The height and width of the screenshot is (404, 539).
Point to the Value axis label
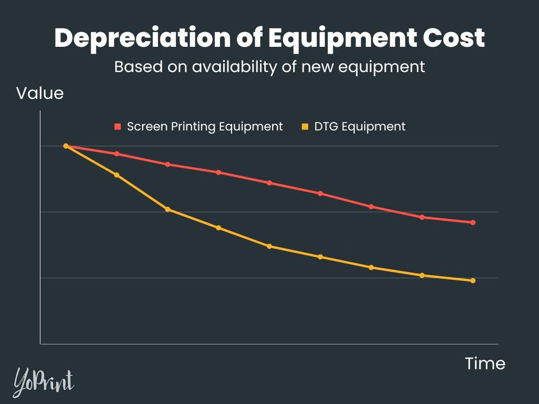(x=40, y=94)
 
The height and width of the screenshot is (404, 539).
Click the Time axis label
(x=485, y=363)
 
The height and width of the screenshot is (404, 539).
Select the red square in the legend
(x=117, y=127)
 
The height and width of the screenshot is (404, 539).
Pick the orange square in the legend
(x=305, y=127)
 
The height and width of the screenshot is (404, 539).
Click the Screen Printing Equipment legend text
(x=205, y=127)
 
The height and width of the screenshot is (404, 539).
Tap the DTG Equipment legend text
(x=360, y=127)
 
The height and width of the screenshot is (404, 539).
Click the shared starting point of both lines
(x=66, y=146)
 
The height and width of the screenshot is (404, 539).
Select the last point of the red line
(x=473, y=223)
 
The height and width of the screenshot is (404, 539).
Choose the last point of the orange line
(x=473, y=280)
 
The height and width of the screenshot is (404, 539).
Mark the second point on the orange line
(x=117, y=175)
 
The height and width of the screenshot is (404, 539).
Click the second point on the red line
(x=117, y=154)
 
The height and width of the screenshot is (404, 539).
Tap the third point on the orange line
(x=167, y=209)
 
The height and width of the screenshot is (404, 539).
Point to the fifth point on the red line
(x=269, y=183)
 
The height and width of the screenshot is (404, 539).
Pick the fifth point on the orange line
(x=269, y=246)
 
